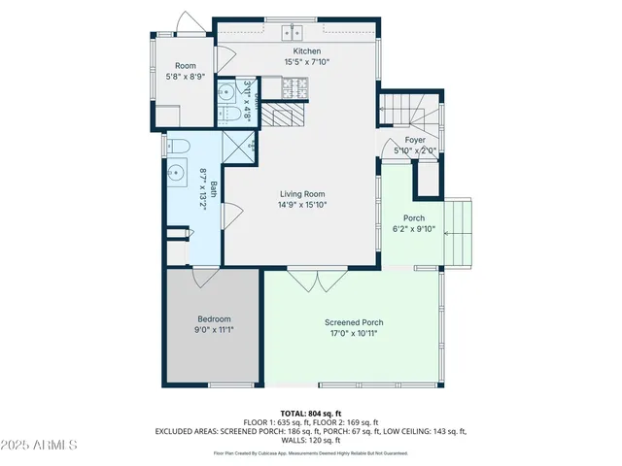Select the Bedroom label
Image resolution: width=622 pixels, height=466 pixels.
pyautogui.click(x=214, y=319)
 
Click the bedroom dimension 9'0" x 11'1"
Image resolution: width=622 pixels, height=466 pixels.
pyautogui.click(x=214, y=330)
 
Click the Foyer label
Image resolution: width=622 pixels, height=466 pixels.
pyautogui.click(x=415, y=141)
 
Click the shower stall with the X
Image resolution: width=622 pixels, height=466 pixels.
pyautogui.click(x=237, y=148)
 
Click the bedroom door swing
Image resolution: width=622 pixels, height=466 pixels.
pyautogui.click(x=206, y=279)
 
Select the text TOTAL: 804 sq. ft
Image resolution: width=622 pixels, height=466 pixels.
pyautogui.click(x=311, y=412)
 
